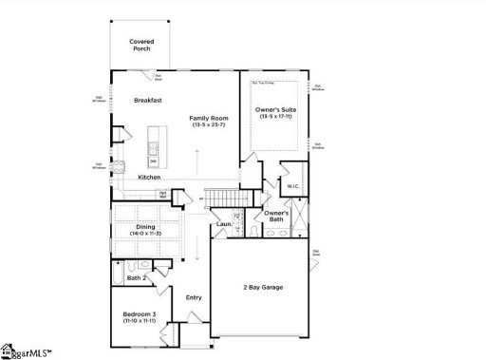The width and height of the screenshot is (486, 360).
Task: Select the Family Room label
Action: coord(206,117)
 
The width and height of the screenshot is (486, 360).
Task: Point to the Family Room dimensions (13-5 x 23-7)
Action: coord(206,124)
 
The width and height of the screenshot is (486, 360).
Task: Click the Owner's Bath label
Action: coord(276,216)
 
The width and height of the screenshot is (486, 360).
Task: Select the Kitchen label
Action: coord(149,178)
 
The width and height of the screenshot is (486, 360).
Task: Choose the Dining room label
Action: coord(144,226)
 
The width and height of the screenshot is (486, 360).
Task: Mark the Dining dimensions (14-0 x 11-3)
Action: coord(144,234)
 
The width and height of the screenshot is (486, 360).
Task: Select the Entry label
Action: coord(193,297)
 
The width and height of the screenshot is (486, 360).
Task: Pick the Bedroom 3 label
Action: coord(141,314)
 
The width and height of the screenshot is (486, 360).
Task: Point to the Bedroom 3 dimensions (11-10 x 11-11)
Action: coord(141,323)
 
